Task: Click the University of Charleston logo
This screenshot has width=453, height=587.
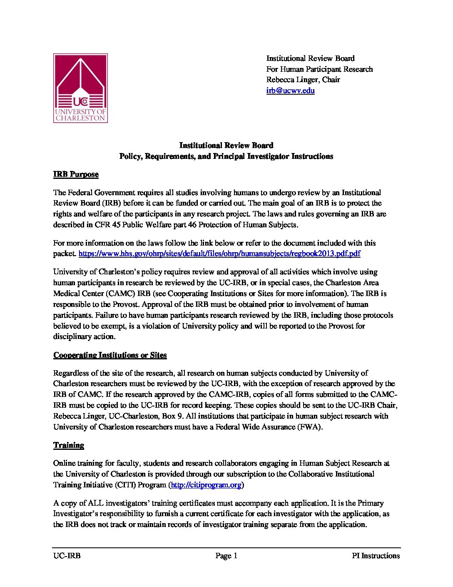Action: tap(80, 88)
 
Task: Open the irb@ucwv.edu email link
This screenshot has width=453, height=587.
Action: tap(290, 90)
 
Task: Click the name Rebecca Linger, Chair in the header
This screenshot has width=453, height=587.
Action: tap(303, 80)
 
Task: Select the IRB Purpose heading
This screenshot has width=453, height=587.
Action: tap(76, 174)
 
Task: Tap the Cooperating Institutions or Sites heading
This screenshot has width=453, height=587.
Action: tap(110, 355)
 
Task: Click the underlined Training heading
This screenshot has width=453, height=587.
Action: tap(69, 445)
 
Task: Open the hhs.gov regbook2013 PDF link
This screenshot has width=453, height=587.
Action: tap(219, 253)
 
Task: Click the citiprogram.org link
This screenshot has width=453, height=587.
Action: tap(206, 485)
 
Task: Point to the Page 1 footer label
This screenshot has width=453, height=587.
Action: tap(226, 556)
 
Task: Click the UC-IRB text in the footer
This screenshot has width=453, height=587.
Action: tap(67, 556)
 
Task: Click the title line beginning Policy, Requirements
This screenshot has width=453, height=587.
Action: tap(226, 156)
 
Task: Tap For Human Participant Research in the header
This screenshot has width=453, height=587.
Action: tap(319, 69)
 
